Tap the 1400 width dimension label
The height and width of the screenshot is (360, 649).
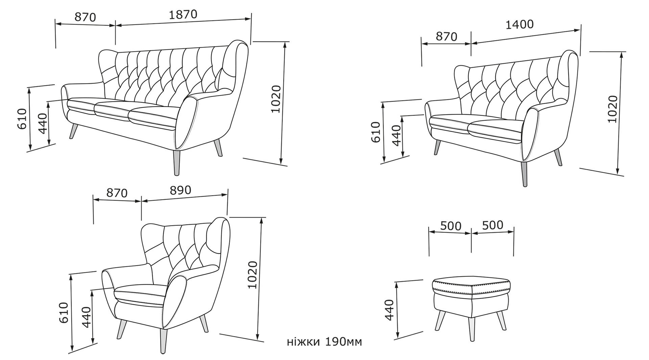520,24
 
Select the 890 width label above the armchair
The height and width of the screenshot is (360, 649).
181,190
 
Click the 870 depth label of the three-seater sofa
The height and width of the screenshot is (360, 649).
86,17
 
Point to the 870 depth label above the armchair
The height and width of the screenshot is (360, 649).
117,193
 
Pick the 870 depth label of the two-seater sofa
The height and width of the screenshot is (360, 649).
446,37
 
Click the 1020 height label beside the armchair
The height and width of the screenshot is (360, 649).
253,275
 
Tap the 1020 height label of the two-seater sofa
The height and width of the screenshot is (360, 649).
612,109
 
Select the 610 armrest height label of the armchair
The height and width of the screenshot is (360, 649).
64,313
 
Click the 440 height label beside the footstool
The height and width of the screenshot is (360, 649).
389,310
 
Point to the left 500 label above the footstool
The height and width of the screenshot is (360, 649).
451,226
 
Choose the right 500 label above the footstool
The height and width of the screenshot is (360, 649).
492,225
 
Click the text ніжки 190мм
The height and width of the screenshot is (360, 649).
324,342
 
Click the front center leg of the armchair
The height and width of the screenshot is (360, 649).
164,341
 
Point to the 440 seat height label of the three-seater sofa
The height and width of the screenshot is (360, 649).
43,123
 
